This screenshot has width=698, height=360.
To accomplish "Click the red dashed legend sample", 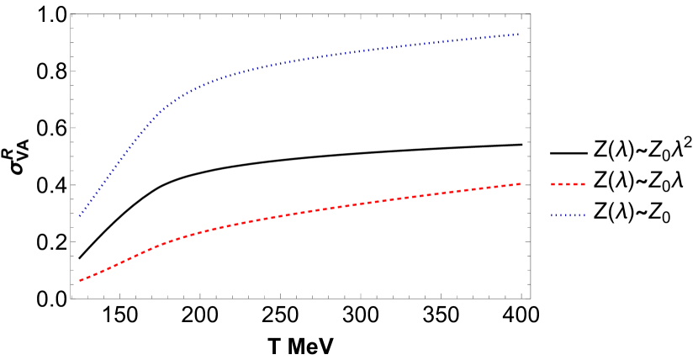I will pos(568,184).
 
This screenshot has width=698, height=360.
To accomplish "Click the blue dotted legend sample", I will pos(568,215).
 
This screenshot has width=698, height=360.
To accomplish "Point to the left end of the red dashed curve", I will pos(80,280).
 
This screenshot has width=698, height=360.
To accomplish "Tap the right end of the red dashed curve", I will pos(520,183).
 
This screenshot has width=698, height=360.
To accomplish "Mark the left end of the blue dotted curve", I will pos(80,216).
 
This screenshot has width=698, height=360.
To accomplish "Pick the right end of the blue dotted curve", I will pos(519,34).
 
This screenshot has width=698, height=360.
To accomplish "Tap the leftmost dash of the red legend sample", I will pos(553,184).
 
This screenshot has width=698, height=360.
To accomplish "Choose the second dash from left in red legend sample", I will pos(561,184).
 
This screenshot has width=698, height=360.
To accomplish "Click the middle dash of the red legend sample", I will pos(568,184).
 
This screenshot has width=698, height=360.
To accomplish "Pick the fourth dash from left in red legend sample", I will pos(575,184).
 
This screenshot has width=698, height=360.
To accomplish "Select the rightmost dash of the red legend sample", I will pos(582,184).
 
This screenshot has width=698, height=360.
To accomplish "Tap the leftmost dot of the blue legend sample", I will pos(553,215).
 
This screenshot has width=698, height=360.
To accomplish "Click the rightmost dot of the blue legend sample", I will pos(584,215).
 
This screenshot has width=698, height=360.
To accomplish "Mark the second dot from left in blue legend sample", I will pos(556,215).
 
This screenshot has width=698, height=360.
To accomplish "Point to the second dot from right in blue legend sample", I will pos(580,215).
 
